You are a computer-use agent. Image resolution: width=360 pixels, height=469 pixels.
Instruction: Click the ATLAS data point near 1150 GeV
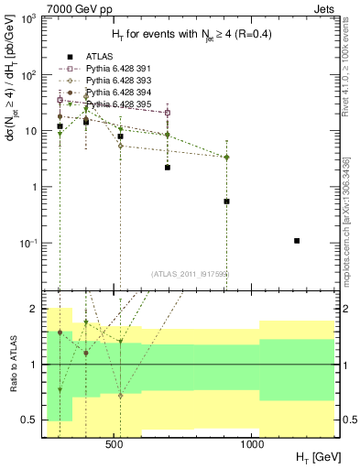pos(297,241)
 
